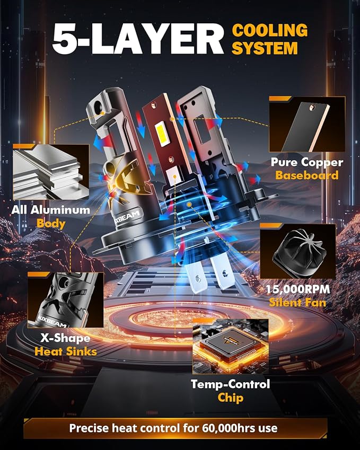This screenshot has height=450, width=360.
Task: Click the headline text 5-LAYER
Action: point(138,39)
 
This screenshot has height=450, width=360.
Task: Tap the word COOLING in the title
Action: point(270,30)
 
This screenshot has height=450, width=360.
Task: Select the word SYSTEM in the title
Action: point(265,48)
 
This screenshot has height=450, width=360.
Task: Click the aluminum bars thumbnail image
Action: point(51,172)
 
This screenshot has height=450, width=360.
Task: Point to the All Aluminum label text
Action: point(50,210)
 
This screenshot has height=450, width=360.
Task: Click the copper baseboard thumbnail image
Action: point(307,124)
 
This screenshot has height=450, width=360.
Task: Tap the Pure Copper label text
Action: point(307,162)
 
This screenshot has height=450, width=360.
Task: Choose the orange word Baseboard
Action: point(307,175)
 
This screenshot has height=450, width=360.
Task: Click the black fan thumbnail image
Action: point(298,251)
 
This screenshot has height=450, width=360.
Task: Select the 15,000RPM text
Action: point(298,289)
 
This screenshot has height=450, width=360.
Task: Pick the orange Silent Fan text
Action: point(298,303)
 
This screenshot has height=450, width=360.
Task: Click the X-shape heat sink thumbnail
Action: point(65,300)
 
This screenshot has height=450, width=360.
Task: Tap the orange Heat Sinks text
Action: point(66,351)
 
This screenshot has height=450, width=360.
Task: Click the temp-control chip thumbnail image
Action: point(231,347)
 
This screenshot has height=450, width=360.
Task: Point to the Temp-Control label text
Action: point(231,384)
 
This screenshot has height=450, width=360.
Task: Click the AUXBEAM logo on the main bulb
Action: point(126,217)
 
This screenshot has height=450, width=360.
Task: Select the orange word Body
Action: point(51,224)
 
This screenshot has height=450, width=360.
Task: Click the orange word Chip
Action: point(231,398)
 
